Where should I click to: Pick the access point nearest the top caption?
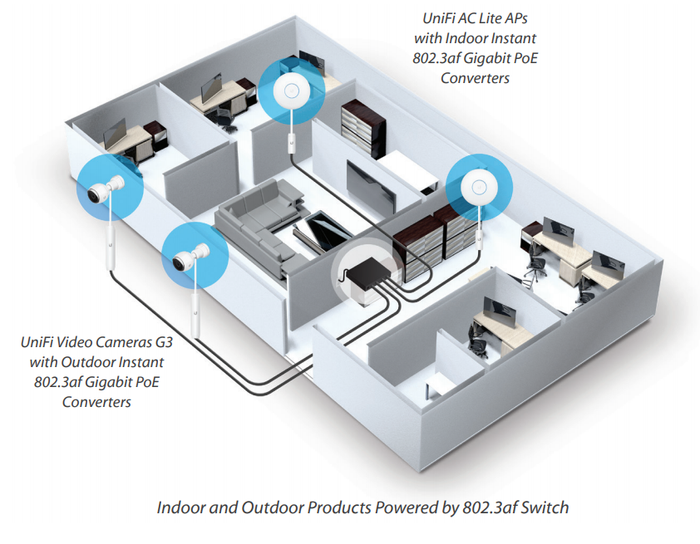[291, 91]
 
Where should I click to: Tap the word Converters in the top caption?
[476, 79]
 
